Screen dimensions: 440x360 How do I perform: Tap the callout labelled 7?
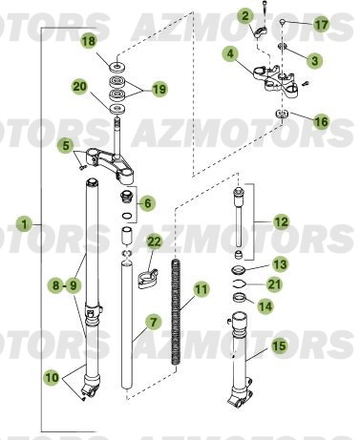click(64, 283)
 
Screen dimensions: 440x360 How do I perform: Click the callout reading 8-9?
click(64, 283)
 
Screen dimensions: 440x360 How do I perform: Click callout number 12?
click(280, 221)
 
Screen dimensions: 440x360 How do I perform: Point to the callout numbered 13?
click(280, 262)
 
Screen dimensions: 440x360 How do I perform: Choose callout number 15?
click(280, 348)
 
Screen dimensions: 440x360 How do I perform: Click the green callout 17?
click(321, 24)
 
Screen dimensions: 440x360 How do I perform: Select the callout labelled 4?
click(230, 56)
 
